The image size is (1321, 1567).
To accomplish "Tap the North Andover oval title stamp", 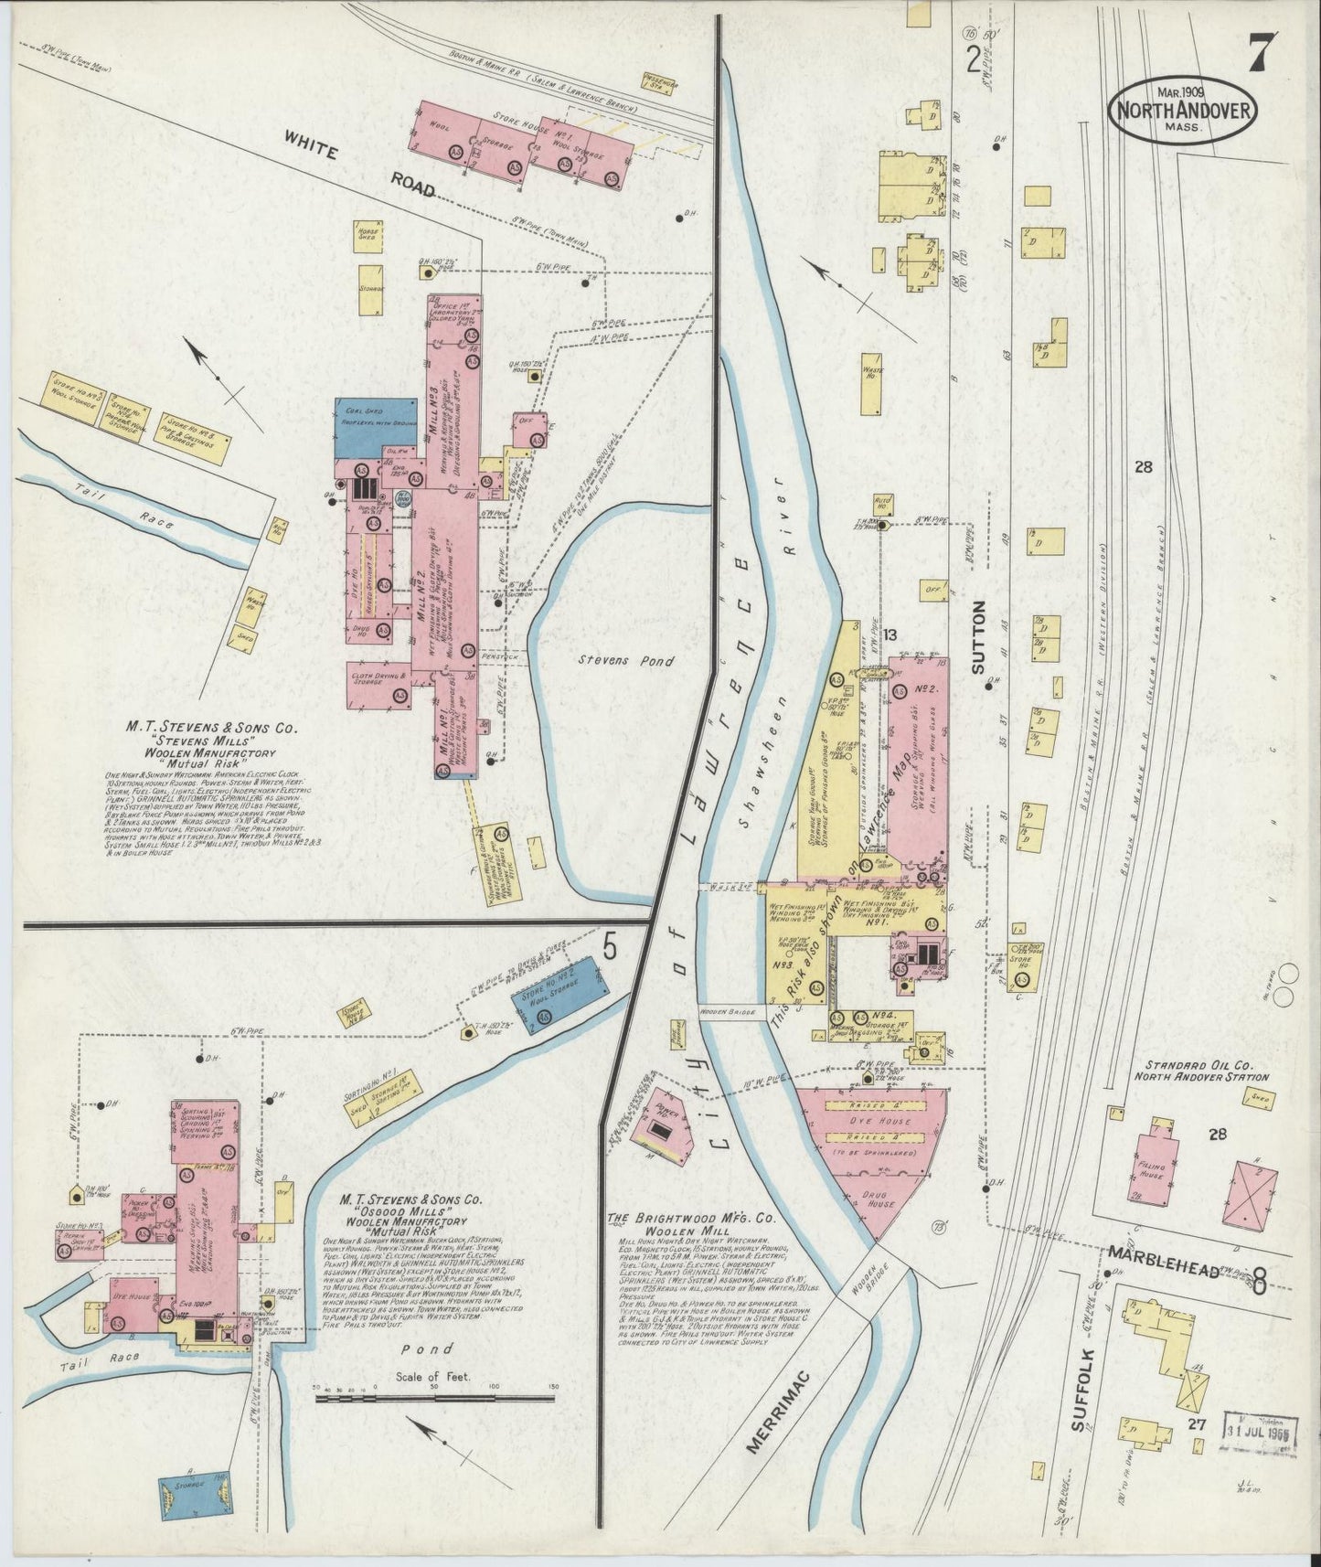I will point(1182,111).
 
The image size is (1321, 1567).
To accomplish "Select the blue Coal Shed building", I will point(376,428).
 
